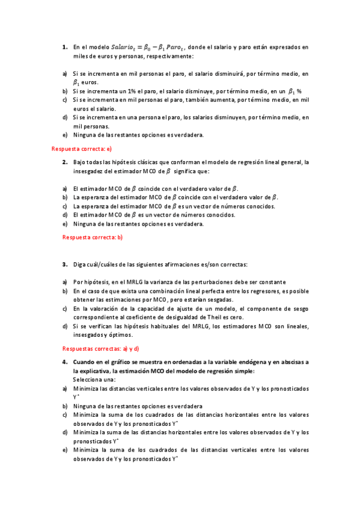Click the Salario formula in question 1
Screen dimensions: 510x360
[144, 47]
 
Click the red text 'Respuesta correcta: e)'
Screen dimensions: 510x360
[82, 149]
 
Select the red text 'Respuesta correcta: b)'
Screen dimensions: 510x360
[93, 237]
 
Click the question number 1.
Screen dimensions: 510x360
[65, 47]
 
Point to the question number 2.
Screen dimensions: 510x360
[65, 162]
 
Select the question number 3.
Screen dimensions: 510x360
[65, 265]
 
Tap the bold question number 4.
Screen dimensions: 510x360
[65, 363]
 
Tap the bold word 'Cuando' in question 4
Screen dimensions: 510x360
[85, 363]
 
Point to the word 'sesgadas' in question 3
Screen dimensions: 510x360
[220, 300]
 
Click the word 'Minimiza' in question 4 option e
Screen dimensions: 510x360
[87, 450]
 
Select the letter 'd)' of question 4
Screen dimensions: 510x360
[65, 432]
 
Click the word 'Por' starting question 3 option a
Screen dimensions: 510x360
[78, 282]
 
